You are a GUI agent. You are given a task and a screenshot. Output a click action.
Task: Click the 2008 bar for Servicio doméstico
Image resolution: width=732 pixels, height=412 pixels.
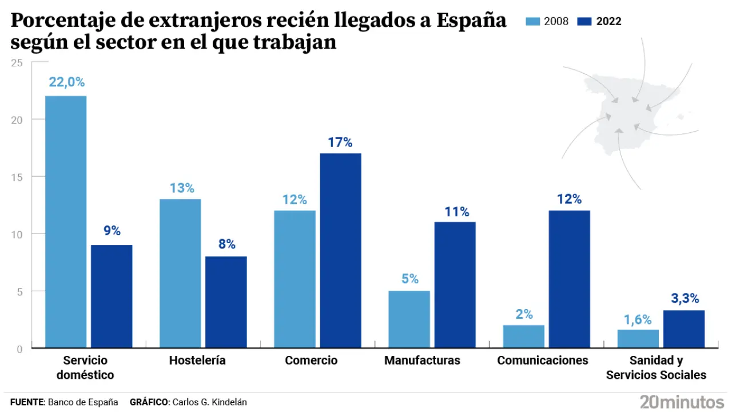click(x=66, y=221)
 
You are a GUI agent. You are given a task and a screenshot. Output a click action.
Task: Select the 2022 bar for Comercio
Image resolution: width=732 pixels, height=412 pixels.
click(x=340, y=250)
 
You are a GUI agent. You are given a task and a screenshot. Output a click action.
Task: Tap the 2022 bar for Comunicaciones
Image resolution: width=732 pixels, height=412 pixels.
click(x=569, y=279)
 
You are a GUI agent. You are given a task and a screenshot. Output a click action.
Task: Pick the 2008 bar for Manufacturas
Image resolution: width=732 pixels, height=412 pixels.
click(x=409, y=319)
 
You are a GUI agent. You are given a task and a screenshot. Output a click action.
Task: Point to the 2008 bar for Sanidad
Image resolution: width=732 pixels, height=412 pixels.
click(x=638, y=338)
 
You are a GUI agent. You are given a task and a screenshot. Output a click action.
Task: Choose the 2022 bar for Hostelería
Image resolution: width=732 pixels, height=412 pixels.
click(x=226, y=302)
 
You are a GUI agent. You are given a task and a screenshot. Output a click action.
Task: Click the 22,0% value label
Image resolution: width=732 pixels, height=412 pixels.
click(x=66, y=82)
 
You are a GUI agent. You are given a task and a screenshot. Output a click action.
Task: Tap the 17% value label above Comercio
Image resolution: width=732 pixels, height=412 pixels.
click(x=340, y=142)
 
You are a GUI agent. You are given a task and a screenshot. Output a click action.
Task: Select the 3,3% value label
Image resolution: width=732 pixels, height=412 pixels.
click(x=684, y=299)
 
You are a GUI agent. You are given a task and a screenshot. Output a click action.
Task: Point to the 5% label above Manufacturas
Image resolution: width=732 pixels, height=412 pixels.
click(x=409, y=279)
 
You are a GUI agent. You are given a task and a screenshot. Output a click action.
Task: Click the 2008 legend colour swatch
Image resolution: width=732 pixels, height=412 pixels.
click(x=533, y=22)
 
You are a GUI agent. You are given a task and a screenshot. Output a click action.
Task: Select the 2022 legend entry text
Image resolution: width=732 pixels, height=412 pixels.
click(x=608, y=22)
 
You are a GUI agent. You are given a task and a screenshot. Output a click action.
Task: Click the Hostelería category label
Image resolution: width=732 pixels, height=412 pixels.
click(x=197, y=360)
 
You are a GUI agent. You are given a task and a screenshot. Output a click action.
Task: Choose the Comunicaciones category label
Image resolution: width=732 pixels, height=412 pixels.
click(x=543, y=360)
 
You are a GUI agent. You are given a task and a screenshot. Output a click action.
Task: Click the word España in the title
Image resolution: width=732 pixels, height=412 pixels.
click(x=471, y=21)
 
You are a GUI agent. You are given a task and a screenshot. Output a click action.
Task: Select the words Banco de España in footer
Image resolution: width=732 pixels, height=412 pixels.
click(x=83, y=402)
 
